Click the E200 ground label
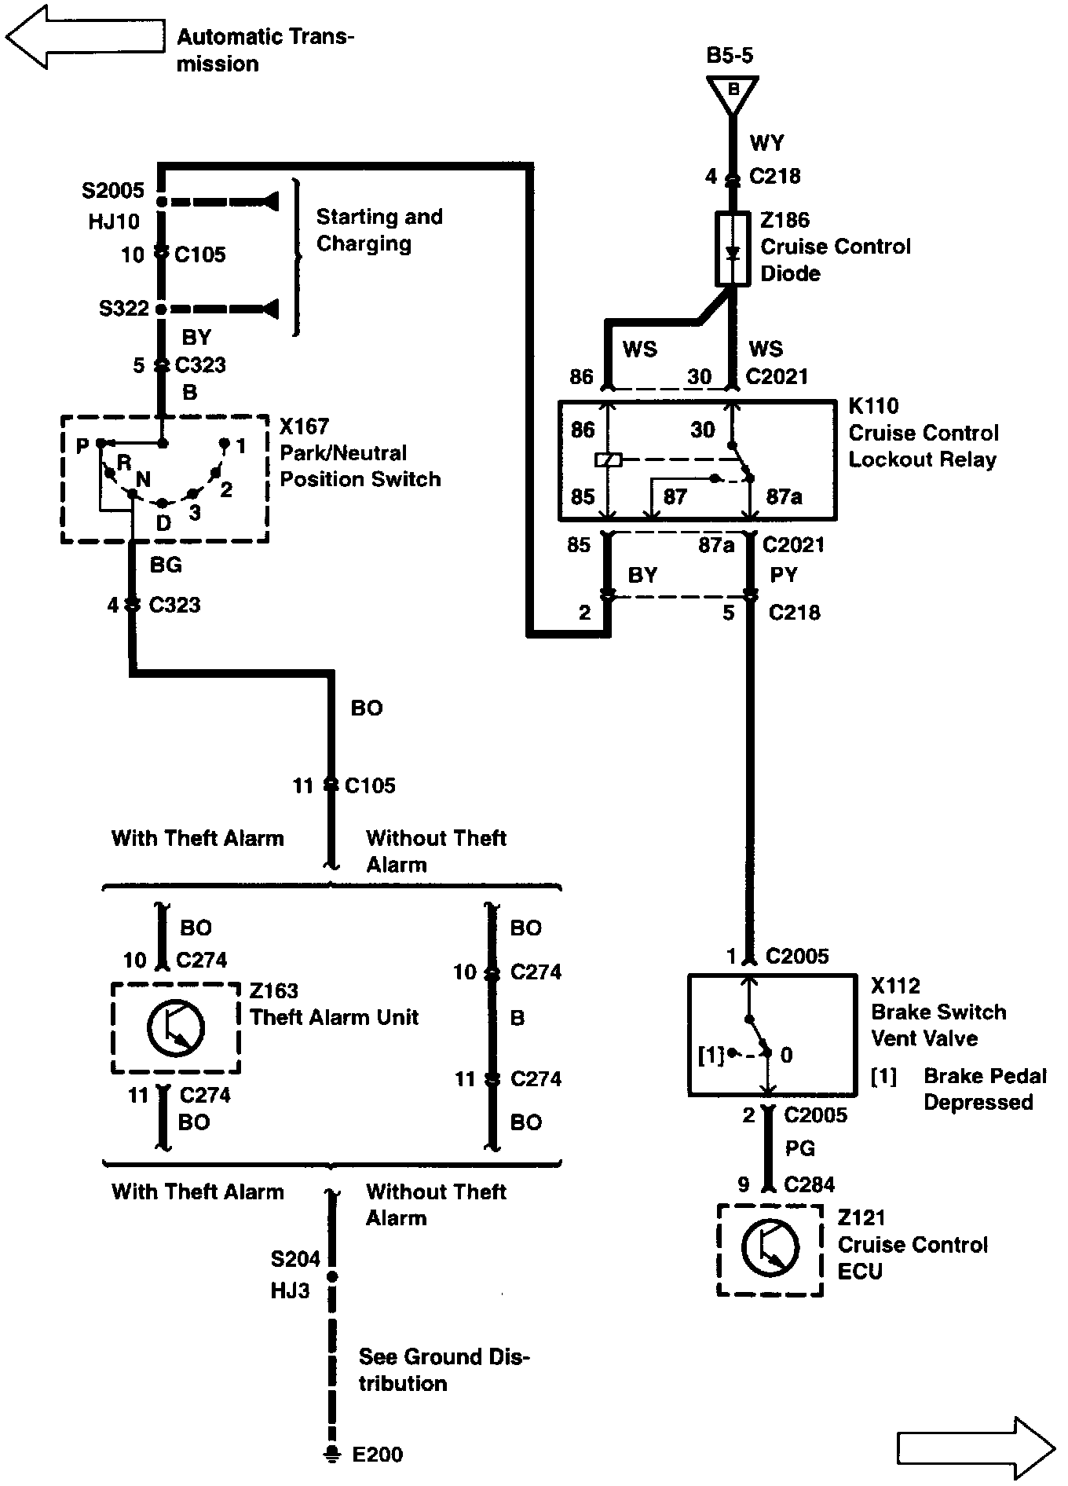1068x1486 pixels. click(x=377, y=1455)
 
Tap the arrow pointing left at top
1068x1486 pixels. click(x=85, y=37)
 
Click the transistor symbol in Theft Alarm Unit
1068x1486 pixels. click(x=176, y=1027)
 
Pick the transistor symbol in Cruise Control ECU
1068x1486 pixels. click(x=770, y=1248)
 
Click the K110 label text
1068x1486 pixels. click(x=873, y=406)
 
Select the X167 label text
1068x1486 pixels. click(x=304, y=426)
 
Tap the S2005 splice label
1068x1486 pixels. click(x=113, y=191)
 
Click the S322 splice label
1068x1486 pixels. click(x=123, y=308)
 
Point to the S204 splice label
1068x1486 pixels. click(x=295, y=1259)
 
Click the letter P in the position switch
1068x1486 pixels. click(x=82, y=446)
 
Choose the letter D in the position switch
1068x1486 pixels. click(x=163, y=522)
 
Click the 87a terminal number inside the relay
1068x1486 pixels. click(x=784, y=496)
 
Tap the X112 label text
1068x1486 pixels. click(x=895, y=986)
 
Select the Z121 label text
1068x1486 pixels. click(x=861, y=1218)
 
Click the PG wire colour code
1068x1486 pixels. click(x=800, y=1148)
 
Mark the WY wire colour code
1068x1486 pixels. click(x=766, y=143)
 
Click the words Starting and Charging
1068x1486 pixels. click(x=379, y=229)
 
